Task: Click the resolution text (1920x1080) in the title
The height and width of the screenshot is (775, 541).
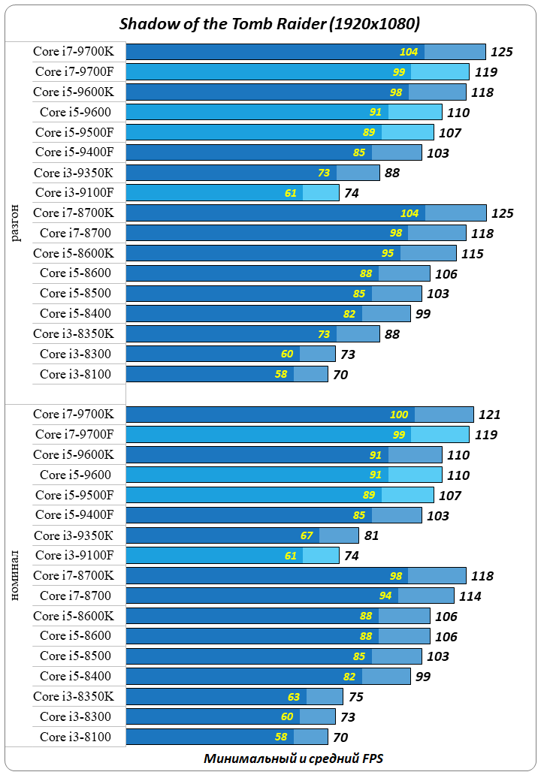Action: click(374, 25)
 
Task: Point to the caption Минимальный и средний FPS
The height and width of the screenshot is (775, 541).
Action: click(293, 758)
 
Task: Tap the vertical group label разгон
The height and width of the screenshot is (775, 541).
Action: click(17, 222)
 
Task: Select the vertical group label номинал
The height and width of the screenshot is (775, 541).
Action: click(17, 575)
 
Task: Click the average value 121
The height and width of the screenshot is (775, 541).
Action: click(490, 415)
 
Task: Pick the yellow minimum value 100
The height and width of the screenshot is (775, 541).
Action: click(399, 415)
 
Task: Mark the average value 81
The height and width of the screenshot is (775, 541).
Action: click(370, 535)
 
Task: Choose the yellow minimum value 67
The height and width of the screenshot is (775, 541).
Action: click(306, 535)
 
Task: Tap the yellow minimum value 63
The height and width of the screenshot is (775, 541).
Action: click(293, 696)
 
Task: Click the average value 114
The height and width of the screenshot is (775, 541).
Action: click(470, 596)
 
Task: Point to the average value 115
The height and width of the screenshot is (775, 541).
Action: click(472, 254)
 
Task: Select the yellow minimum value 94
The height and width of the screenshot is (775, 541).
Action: click(385, 596)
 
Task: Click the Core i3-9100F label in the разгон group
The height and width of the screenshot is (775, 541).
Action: click(74, 192)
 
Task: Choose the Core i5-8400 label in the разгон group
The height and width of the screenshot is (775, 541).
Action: click(75, 313)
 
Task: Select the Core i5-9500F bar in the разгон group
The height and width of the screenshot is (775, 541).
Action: click(280, 132)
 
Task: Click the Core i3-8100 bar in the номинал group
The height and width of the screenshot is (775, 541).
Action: click(226, 737)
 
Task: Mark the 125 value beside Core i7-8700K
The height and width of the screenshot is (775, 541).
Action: click(502, 213)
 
